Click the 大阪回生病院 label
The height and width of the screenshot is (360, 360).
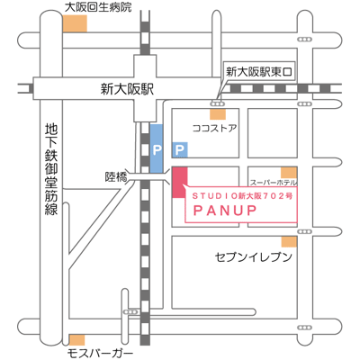[x=98, y=7]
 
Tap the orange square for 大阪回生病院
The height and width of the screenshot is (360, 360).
[x=75, y=23]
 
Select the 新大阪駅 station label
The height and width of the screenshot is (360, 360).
[x=127, y=89]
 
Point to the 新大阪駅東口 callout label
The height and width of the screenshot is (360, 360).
[x=259, y=72]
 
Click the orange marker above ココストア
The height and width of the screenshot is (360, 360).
[x=218, y=114]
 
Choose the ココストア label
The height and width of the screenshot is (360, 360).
[x=214, y=129]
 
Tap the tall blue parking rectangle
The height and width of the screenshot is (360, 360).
[x=157, y=148]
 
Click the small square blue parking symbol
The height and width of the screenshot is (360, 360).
[x=180, y=149]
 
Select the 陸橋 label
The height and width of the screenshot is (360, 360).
[x=116, y=177]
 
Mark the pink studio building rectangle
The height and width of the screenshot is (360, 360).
[x=180, y=183]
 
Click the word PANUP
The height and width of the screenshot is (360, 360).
[x=225, y=211]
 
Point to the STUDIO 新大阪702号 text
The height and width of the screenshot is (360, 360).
[x=242, y=196]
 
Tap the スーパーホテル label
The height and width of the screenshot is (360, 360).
[x=274, y=183]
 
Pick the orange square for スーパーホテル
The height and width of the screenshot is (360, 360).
[x=289, y=173]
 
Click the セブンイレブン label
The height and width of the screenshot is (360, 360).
[x=254, y=257]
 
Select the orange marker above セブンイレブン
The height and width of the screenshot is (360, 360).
[x=289, y=242]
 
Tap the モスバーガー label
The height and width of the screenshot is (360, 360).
[x=100, y=354]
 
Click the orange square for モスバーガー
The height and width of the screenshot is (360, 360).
[x=76, y=340]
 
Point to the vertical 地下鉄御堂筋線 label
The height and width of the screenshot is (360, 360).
[x=51, y=169]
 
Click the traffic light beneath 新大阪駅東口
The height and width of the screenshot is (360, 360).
[x=217, y=103]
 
